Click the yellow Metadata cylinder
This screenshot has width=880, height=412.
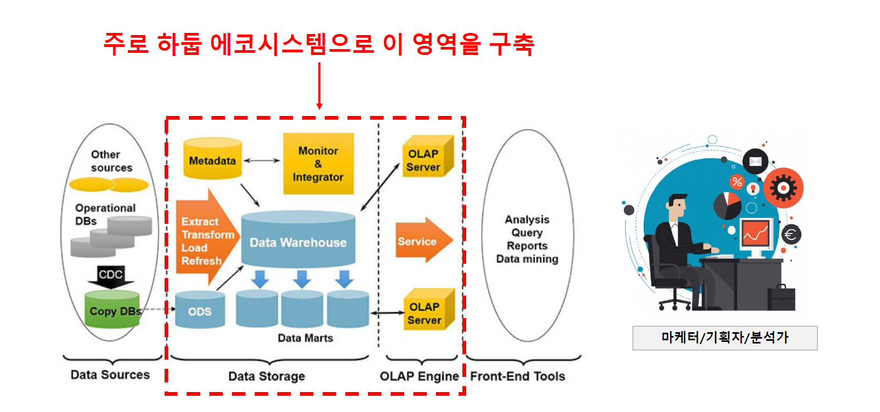[x=213, y=159]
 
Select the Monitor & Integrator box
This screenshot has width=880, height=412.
[x=318, y=163]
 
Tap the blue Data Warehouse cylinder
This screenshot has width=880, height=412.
[x=298, y=241]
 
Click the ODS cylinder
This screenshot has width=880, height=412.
[x=200, y=311]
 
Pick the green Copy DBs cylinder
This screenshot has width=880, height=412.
[x=112, y=311]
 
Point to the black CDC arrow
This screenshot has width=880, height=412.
[x=111, y=276]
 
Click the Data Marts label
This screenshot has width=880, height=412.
[x=305, y=338]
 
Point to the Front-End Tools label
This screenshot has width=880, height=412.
[x=517, y=376]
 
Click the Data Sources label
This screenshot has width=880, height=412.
[x=110, y=375]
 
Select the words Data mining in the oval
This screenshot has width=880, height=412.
[x=527, y=259]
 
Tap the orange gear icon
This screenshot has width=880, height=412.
[x=783, y=188]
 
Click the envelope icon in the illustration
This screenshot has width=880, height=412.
[x=755, y=161]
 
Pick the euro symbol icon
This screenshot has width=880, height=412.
[x=791, y=235]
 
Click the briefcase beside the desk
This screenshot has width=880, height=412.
[x=781, y=298]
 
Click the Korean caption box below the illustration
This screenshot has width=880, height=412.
[x=725, y=338]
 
